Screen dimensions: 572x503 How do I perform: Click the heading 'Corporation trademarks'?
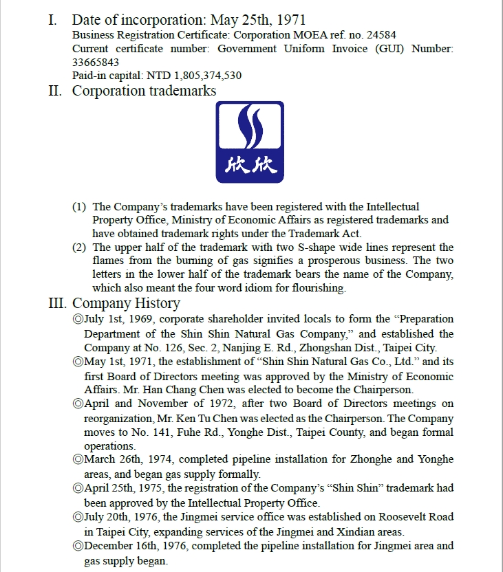click(144, 91)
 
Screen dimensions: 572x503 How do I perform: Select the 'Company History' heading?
click(126, 303)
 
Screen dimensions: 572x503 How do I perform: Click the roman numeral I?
click(52, 20)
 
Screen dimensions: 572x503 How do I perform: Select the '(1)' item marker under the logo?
click(80, 206)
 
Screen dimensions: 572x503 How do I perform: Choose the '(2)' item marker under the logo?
click(80, 247)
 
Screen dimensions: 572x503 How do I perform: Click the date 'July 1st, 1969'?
click(118, 319)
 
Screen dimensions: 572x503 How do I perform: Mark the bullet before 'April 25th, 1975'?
click(77, 488)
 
